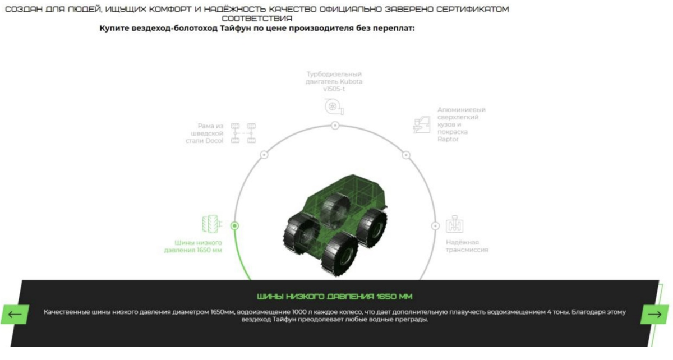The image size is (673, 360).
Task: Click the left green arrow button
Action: click(15, 315)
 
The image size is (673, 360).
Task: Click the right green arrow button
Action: click(654, 315)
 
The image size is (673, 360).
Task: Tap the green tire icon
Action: click(212, 224)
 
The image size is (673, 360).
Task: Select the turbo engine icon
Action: click(334, 107)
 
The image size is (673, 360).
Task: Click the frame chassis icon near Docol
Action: click(243, 133)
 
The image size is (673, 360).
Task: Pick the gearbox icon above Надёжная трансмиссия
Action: click(455, 224)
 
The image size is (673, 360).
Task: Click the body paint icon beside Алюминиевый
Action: click(422, 124)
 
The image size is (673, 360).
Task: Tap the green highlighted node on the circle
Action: click(234, 225)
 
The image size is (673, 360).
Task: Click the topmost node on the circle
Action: click(335, 125)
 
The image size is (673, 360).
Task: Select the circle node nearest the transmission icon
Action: click(435, 226)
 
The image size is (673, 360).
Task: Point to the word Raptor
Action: click(448, 139)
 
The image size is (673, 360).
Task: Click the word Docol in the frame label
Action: click(213, 141)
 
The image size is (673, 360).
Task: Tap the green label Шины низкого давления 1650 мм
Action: click(193, 246)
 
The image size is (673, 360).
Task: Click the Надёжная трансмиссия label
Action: click(467, 246)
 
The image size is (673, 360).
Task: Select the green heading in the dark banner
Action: click(335, 297)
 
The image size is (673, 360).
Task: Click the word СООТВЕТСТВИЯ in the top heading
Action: click(257, 19)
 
